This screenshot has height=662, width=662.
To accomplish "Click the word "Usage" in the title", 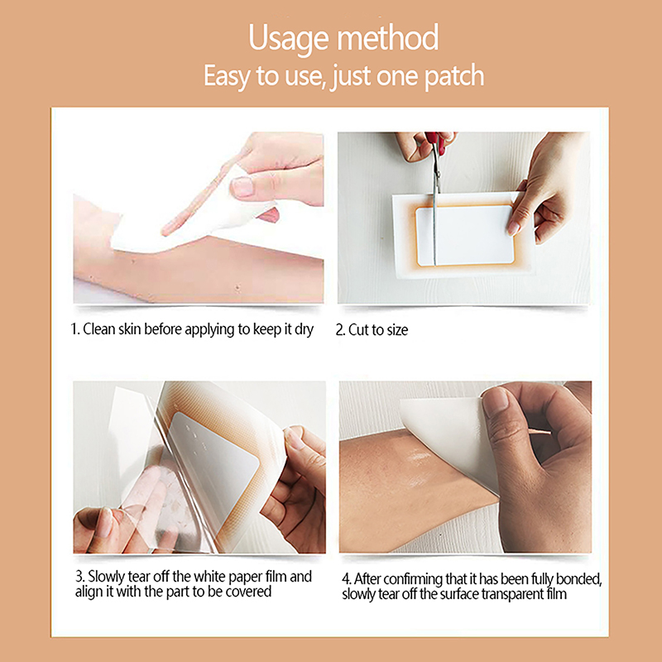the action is click(x=289, y=39).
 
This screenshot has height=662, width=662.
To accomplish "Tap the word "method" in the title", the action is click(x=388, y=37).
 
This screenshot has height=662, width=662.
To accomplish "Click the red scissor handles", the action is click(x=435, y=142).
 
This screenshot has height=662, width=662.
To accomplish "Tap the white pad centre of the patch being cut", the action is click(x=464, y=235).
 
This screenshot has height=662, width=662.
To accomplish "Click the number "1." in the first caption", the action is click(x=75, y=329).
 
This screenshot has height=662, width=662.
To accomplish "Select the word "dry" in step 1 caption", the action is click(x=304, y=329).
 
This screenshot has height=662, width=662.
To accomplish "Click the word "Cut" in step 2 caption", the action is click(x=358, y=330).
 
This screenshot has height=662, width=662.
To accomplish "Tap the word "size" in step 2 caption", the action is click(x=397, y=330).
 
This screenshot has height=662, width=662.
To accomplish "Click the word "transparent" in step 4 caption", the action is click(x=513, y=594).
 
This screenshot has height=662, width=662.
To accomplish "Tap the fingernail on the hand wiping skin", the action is click(x=242, y=187).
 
